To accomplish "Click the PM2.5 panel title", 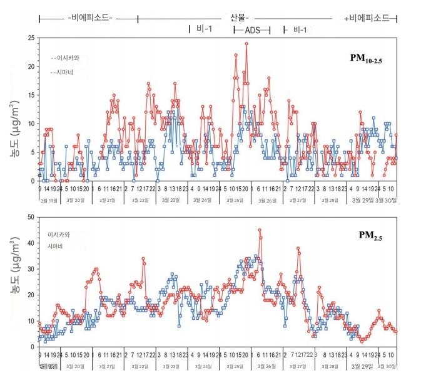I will tap(371, 236).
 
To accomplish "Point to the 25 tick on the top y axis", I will tap(31, 38).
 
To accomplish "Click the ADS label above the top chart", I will tap(253, 29).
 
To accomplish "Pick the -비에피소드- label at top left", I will tap(90, 18).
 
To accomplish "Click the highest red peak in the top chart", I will tap(246, 44).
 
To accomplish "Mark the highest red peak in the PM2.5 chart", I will tap(260, 230).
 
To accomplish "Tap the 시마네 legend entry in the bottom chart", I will tap(57, 247).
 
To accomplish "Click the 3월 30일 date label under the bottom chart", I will tap(387, 366).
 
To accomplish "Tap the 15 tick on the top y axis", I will tap(31, 95).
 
